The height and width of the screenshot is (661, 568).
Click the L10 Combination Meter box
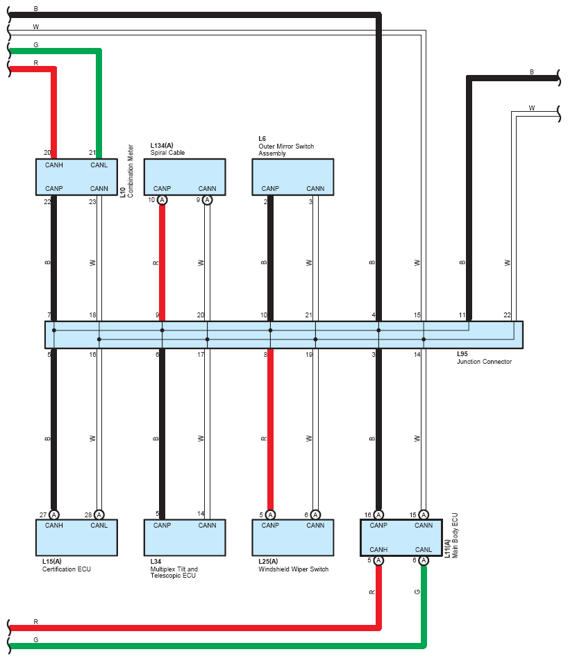click(76, 177)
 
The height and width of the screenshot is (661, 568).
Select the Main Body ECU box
click(401, 537)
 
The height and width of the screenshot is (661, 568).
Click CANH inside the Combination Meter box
click(54, 165)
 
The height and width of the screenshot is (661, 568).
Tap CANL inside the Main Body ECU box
click(424, 549)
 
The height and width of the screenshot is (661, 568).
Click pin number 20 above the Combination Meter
click(47, 153)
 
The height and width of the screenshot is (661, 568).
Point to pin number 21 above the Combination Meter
click(92, 153)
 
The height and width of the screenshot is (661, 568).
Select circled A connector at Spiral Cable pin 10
click(162, 200)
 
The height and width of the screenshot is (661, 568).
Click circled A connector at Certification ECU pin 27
click(54, 514)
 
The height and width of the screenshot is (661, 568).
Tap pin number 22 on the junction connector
click(507, 315)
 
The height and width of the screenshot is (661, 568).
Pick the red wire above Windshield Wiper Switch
click(270, 430)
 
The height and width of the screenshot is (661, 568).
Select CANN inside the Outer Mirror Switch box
click(315, 188)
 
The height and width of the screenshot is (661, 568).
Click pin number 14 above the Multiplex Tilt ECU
click(200, 514)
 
